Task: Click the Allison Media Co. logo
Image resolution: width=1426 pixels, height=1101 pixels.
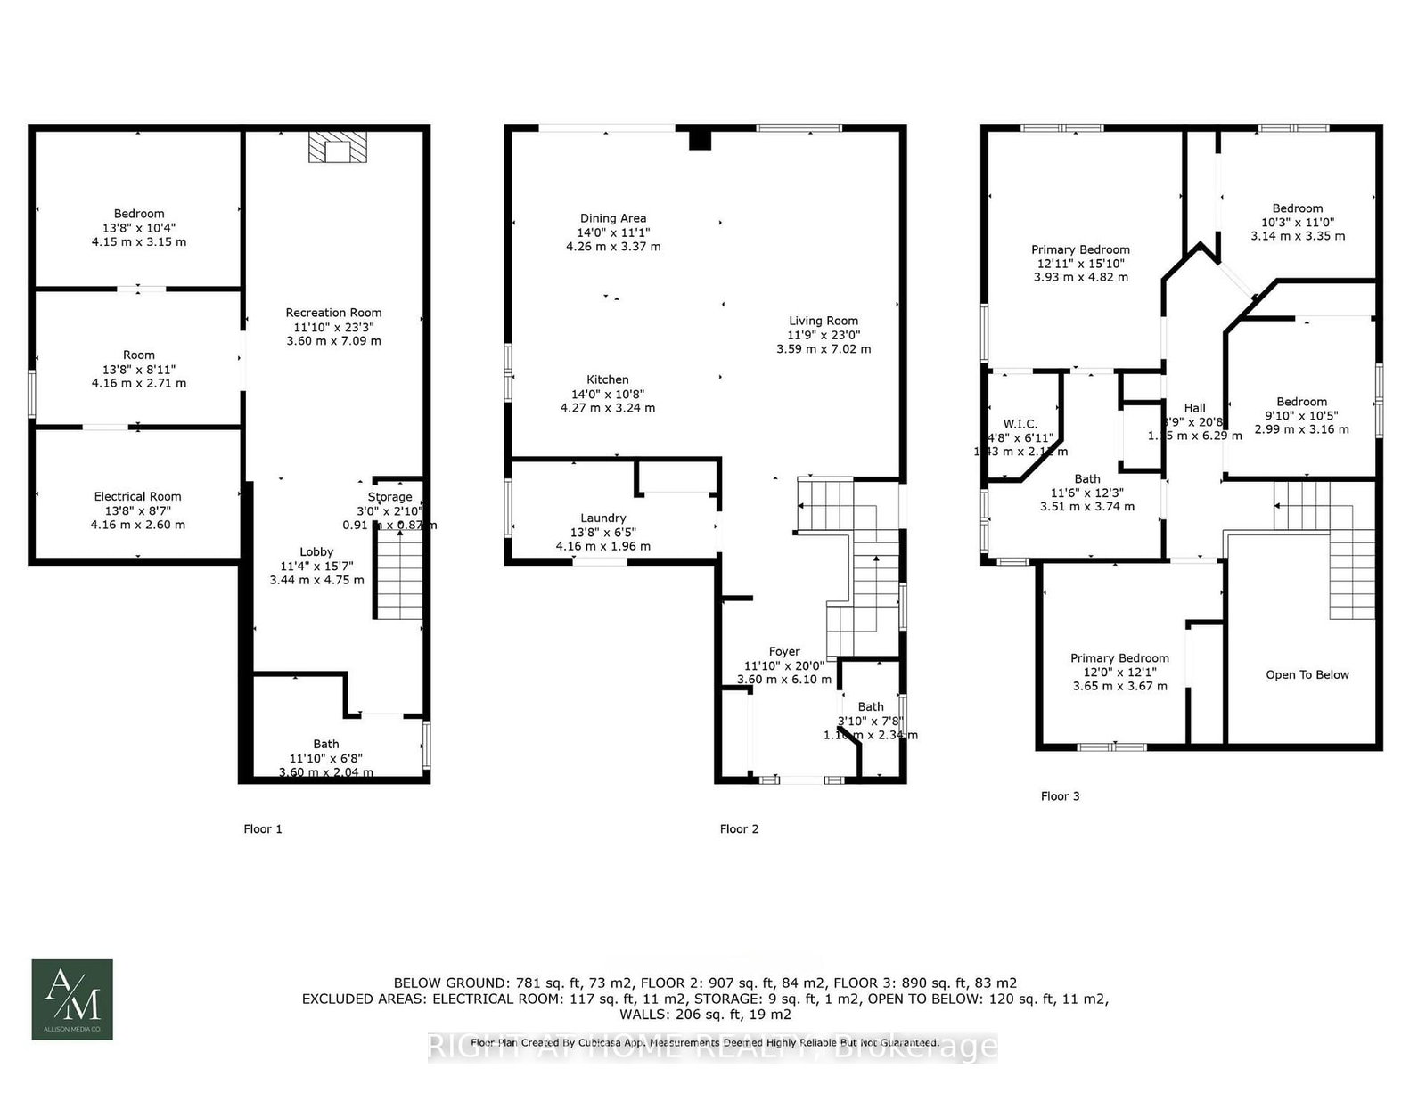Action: (x=72, y=999)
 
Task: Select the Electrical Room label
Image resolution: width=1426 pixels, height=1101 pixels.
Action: (x=137, y=497)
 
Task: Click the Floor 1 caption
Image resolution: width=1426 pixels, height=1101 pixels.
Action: (x=263, y=829)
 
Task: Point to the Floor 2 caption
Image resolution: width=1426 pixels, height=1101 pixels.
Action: (x=739, y=829)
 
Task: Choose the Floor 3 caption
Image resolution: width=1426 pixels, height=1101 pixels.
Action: (x=1060, y=796)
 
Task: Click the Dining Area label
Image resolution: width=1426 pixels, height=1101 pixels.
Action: (x=613, y=218)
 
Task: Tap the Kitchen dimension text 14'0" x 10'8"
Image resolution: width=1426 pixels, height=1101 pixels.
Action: (x=608, y=394)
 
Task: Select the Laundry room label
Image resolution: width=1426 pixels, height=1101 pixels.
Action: (x=603, y=518)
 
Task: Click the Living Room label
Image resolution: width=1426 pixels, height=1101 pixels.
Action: (x=824, y=321)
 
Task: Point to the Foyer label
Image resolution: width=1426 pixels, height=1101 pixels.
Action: (x=784, y=651)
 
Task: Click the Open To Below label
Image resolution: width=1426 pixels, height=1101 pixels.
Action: (x=1307, y=674)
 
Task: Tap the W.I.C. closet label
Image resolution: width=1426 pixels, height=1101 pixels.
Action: (x=1020, y=424)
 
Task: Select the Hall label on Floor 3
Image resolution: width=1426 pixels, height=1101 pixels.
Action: (x=1194, y=408)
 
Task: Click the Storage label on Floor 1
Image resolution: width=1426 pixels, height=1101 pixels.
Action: (x=390, y=497)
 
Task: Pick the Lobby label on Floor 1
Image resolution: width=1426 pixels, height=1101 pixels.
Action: (x=316, y=551)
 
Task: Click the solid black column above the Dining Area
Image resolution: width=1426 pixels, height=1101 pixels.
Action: (x=701, y=140)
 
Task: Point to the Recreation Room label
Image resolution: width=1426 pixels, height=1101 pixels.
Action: (x=333, y=313)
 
